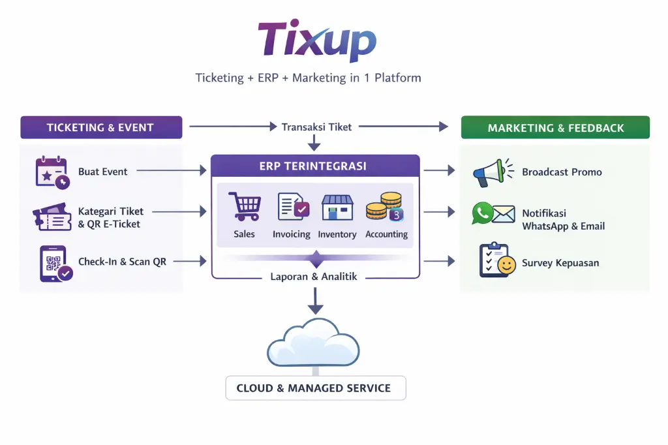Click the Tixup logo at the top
tap(317, 40)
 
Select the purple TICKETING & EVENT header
tap(101, 128)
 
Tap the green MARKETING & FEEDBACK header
tap(555, 128)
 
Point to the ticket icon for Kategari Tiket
tap(52, 217)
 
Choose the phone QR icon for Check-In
tap(54, 264)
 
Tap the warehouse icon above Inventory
tap(337, 207)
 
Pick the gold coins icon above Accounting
tap(384, 207)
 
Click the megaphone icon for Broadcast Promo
tap(491, 172)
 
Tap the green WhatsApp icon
tap(483, 213)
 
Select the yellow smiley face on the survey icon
tap(506, 265)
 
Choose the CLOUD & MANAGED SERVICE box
tap(316, 388)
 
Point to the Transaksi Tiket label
tap(316, 127)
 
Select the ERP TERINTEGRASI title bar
tap(315, 166)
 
